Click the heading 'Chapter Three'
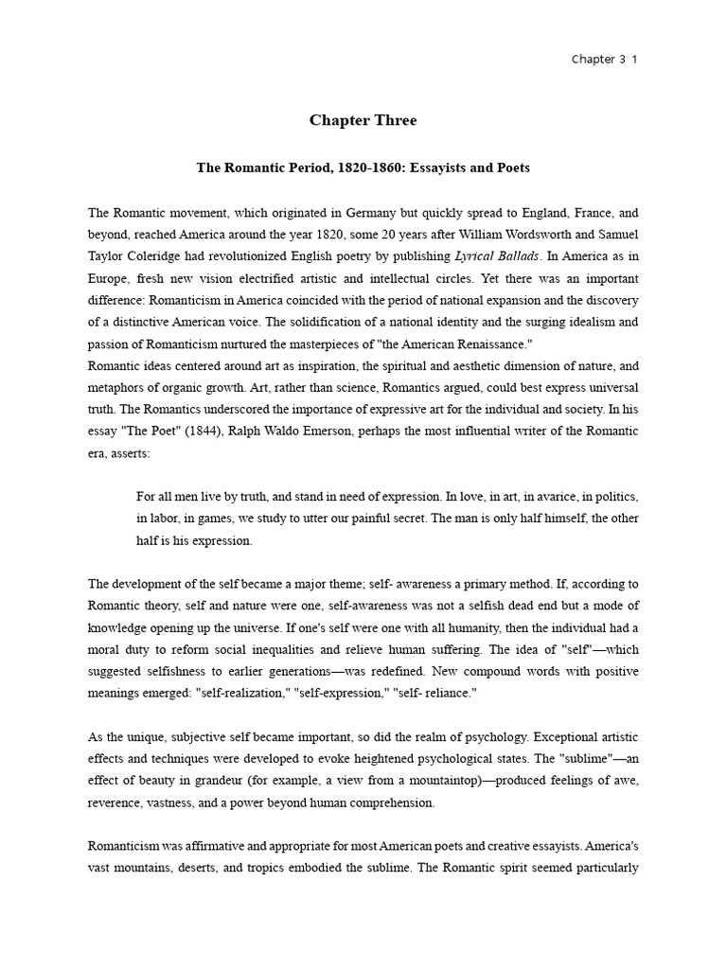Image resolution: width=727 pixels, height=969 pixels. coord(363,120)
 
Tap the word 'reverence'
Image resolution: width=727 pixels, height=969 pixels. coord(118,802)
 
